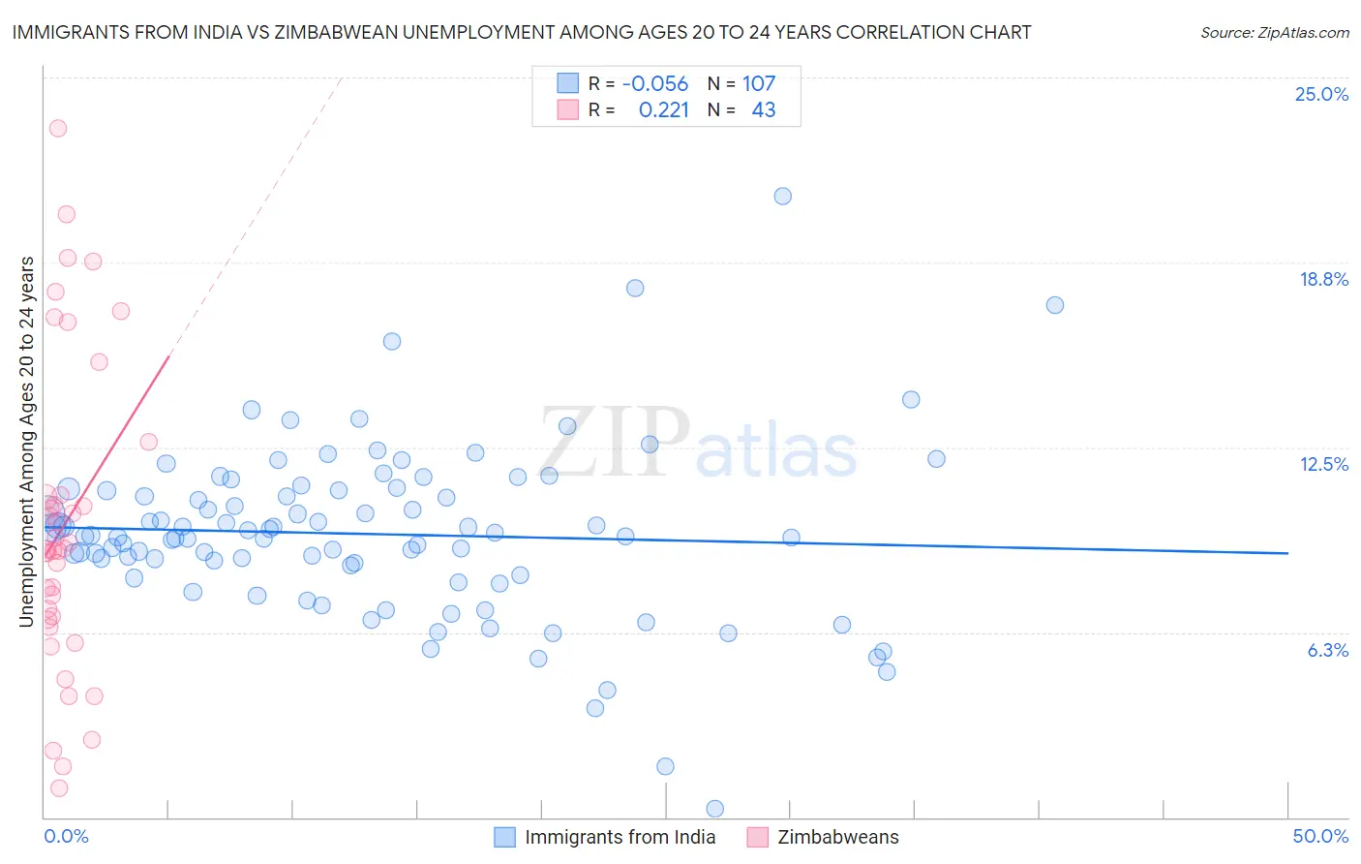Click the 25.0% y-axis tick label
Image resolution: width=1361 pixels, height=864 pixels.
1321,94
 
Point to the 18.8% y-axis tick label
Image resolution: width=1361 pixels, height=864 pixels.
1323,279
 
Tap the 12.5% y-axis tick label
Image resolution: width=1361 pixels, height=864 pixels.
1323,464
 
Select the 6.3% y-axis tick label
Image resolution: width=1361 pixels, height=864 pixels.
1327,650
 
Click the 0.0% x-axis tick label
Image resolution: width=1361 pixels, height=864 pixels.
66,836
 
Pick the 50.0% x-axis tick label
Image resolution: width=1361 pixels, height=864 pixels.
1320,836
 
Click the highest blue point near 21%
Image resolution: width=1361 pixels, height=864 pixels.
783,196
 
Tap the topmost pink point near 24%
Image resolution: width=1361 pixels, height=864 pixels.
58,128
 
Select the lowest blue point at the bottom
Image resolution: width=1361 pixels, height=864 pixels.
715,809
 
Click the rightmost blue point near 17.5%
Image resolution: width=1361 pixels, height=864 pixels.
1055,305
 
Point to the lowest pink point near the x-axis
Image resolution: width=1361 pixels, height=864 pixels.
59,788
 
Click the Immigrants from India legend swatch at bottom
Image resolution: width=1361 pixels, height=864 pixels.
504,837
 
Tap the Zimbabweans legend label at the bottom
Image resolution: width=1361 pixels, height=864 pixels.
838,837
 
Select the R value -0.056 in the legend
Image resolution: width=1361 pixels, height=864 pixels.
655,84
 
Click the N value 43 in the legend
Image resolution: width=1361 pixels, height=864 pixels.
764,110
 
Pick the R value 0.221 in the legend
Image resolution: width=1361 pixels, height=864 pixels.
664,110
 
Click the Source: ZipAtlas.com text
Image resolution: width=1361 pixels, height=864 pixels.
1274,33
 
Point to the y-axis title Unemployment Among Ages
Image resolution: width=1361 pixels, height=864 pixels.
27,441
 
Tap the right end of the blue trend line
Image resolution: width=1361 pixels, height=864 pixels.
1287,553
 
